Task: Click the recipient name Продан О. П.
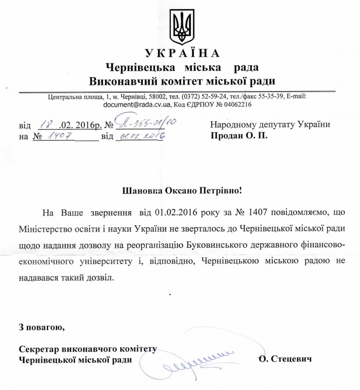(239, 136)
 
